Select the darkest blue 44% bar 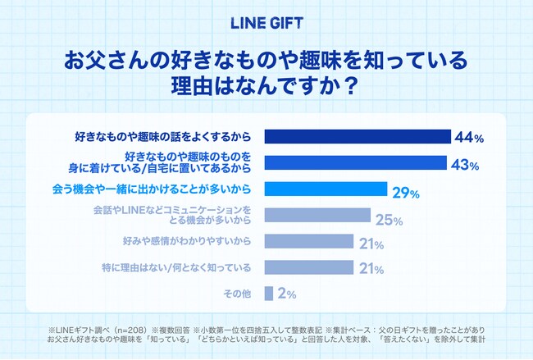coord(358,136)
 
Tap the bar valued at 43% coord(355,162)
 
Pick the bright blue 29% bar coord(326,189)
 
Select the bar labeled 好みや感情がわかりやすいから coord(309,243)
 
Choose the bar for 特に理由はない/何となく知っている coord(309,268)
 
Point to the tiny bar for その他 coord(268,293)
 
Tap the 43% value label coord(465,165)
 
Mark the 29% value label coord(405,193)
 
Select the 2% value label coord(287,294)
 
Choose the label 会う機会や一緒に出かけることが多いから coord(162,189)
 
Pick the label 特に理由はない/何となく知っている coord(180,268)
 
